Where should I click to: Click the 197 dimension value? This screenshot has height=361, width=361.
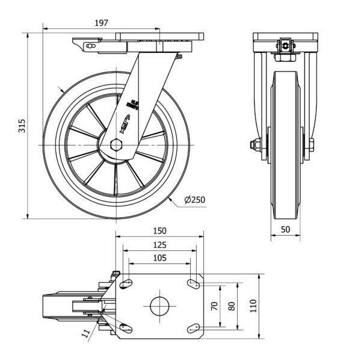pos(100,23)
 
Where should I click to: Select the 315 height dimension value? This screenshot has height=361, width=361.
pos(22,125)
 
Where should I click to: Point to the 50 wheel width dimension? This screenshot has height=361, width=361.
pos(285,229)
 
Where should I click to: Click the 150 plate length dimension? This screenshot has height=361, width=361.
pos(159,231)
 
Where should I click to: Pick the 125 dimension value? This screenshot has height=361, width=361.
pos(159,245)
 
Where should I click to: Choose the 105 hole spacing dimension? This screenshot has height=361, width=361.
pos(159,258)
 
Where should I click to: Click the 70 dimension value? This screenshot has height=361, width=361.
pos(214,306)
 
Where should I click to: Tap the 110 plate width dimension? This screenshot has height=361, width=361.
pos(253,306)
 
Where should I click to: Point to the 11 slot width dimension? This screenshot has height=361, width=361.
pos(86,332)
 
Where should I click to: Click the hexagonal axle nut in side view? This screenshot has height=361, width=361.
pos(116,144)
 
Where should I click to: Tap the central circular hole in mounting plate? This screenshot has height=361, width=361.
pos(159,306)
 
